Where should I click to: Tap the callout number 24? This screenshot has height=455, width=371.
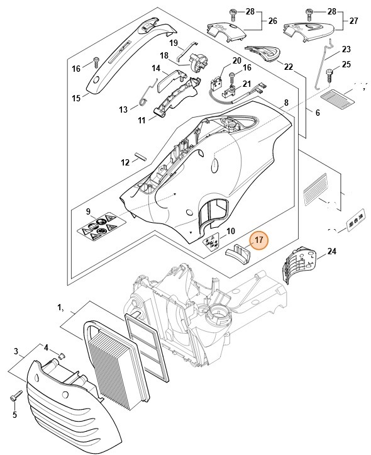tap(332, 252)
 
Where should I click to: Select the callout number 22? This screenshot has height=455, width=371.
tap(289, 67)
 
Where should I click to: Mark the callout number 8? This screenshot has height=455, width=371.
tap(286, 102)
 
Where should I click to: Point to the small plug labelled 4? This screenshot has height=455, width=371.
tap(61, 356)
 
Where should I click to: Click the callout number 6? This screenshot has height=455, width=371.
tap(317, 113)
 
